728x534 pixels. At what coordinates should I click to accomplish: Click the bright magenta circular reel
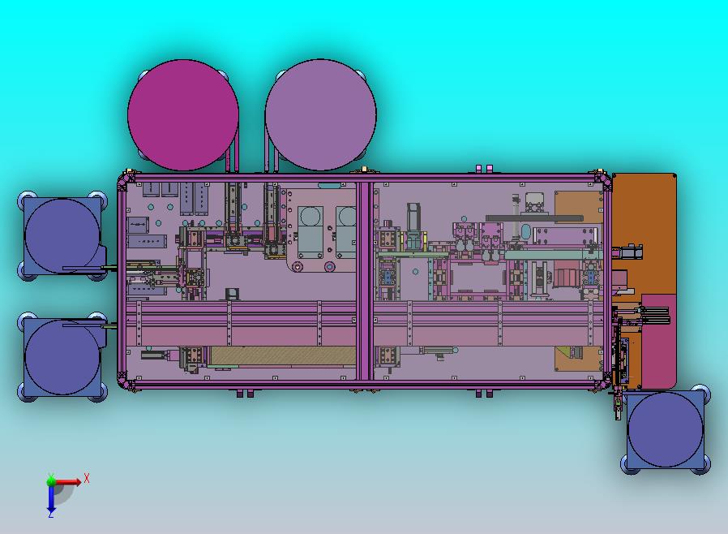[183, 114]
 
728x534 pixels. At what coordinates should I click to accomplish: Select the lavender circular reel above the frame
[321, 114]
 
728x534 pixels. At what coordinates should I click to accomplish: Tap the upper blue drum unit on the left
[62, 235]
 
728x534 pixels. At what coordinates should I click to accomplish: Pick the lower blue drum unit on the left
[62, 357]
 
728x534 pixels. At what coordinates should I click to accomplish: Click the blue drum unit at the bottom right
[666, 429]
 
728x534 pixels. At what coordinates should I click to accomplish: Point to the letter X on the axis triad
[87, 478]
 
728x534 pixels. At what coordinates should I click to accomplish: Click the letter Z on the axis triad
[50, 515]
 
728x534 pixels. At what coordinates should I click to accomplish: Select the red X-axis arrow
[66, 482]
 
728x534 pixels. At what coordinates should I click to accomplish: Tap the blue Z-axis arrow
[51, 497]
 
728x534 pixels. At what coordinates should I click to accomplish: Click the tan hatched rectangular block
[283, 355]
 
